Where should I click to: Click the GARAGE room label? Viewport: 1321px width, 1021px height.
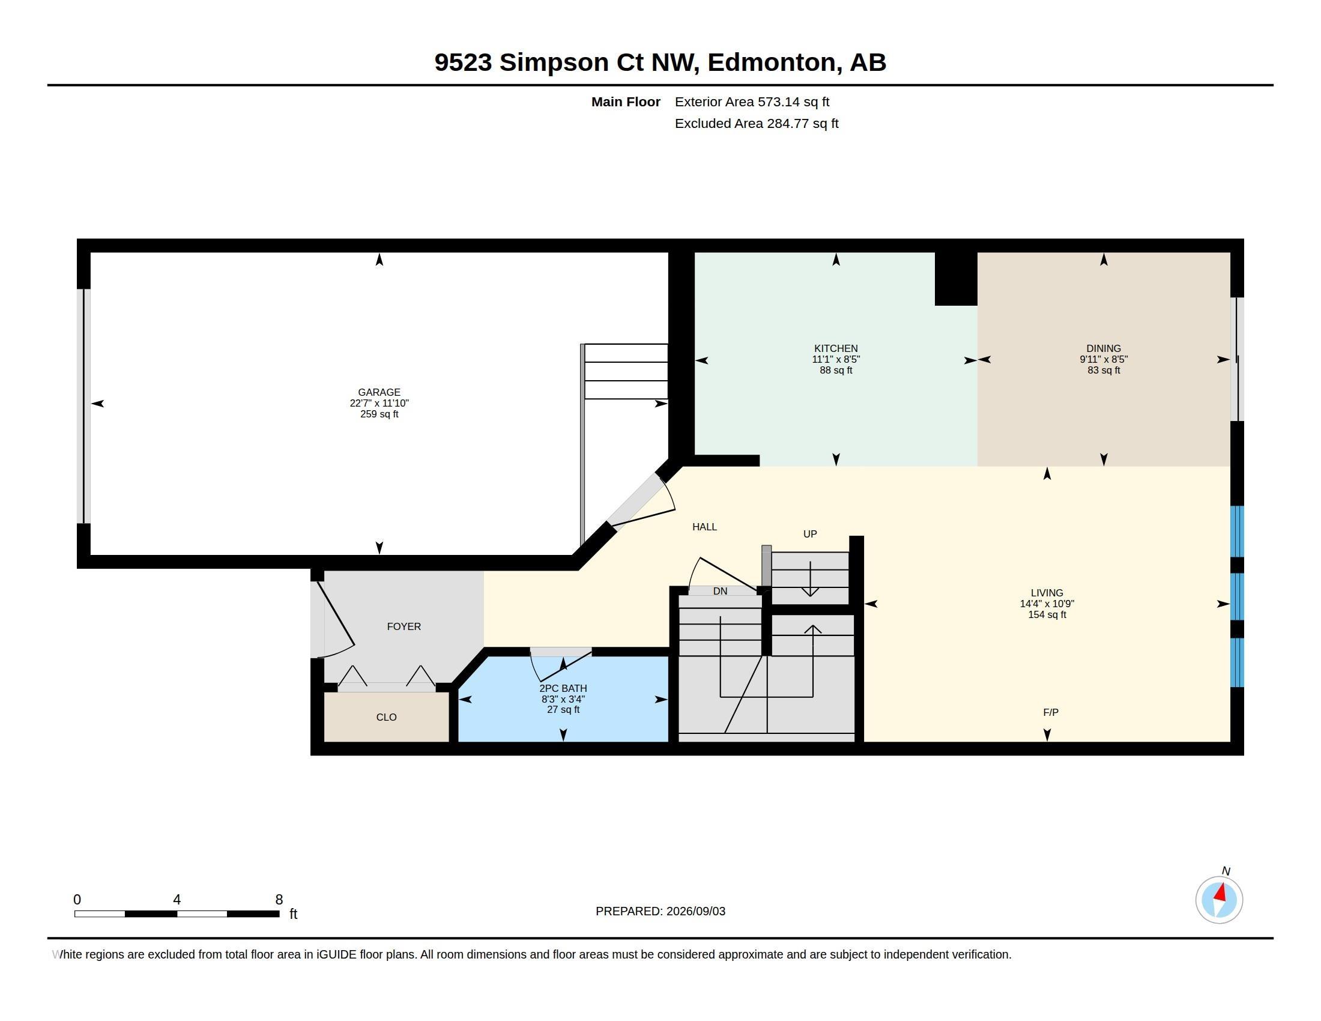[x=379, y=392]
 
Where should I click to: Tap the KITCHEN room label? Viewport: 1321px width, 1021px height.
[x=836, y=348]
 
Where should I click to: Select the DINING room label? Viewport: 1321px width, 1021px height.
[x=1104, y=348]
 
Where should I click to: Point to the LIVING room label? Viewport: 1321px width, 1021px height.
[x=1047, y=593]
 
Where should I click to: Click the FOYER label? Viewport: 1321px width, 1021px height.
[x=404, y=626]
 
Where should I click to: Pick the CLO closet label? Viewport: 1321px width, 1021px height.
[x=387, y=717]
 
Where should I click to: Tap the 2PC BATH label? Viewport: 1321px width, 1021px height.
[x=563, y=688]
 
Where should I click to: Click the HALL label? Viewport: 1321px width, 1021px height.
[x=705, y=527]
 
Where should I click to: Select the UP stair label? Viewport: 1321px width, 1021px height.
[x=810, y=534]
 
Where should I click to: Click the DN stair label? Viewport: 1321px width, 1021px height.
[x=720, y=591]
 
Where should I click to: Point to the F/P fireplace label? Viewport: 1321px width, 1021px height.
[x=1051, y=712]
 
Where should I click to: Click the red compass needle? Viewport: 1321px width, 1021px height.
[x=1221, y=892]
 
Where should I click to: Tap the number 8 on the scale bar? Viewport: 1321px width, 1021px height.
[x=279, y=900]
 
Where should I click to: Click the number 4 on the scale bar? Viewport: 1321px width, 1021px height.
[x=177, y=900]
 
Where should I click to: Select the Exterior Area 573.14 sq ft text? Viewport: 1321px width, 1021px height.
[x=752, y=102]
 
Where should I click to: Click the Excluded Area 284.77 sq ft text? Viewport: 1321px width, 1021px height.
[x=757, y=124]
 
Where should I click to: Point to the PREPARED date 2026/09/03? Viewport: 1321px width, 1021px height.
[x=695, y=911]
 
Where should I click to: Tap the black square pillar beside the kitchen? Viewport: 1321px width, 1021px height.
[x=956, y=279]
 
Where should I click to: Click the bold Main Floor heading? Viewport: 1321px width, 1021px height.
[x=626, y=102]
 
